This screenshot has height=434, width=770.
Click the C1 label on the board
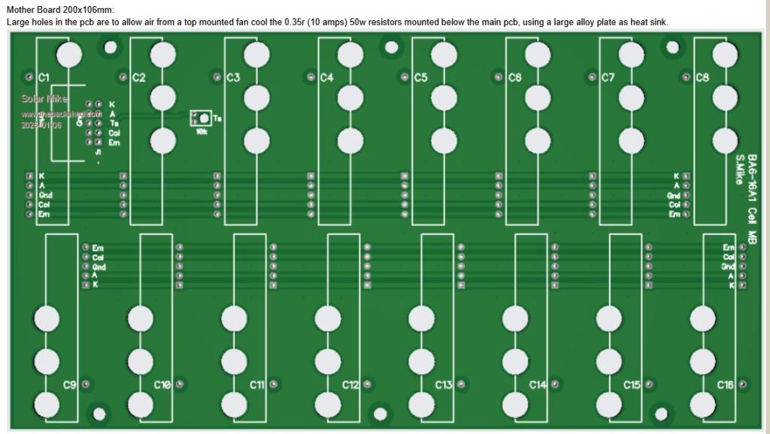click(43, 77)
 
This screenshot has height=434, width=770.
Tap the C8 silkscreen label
click(702, 77)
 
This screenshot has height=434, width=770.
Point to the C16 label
click(725, 385)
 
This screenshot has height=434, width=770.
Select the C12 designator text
click(350, 385)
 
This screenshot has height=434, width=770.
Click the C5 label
click(420, 77)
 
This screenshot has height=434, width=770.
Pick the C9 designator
click(69, 385)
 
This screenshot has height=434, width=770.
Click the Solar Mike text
click(44, 99)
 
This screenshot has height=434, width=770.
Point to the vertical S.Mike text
click(740, 170)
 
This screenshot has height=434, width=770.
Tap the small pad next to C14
click(555, 384)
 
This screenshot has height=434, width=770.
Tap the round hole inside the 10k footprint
click(205, 118)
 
